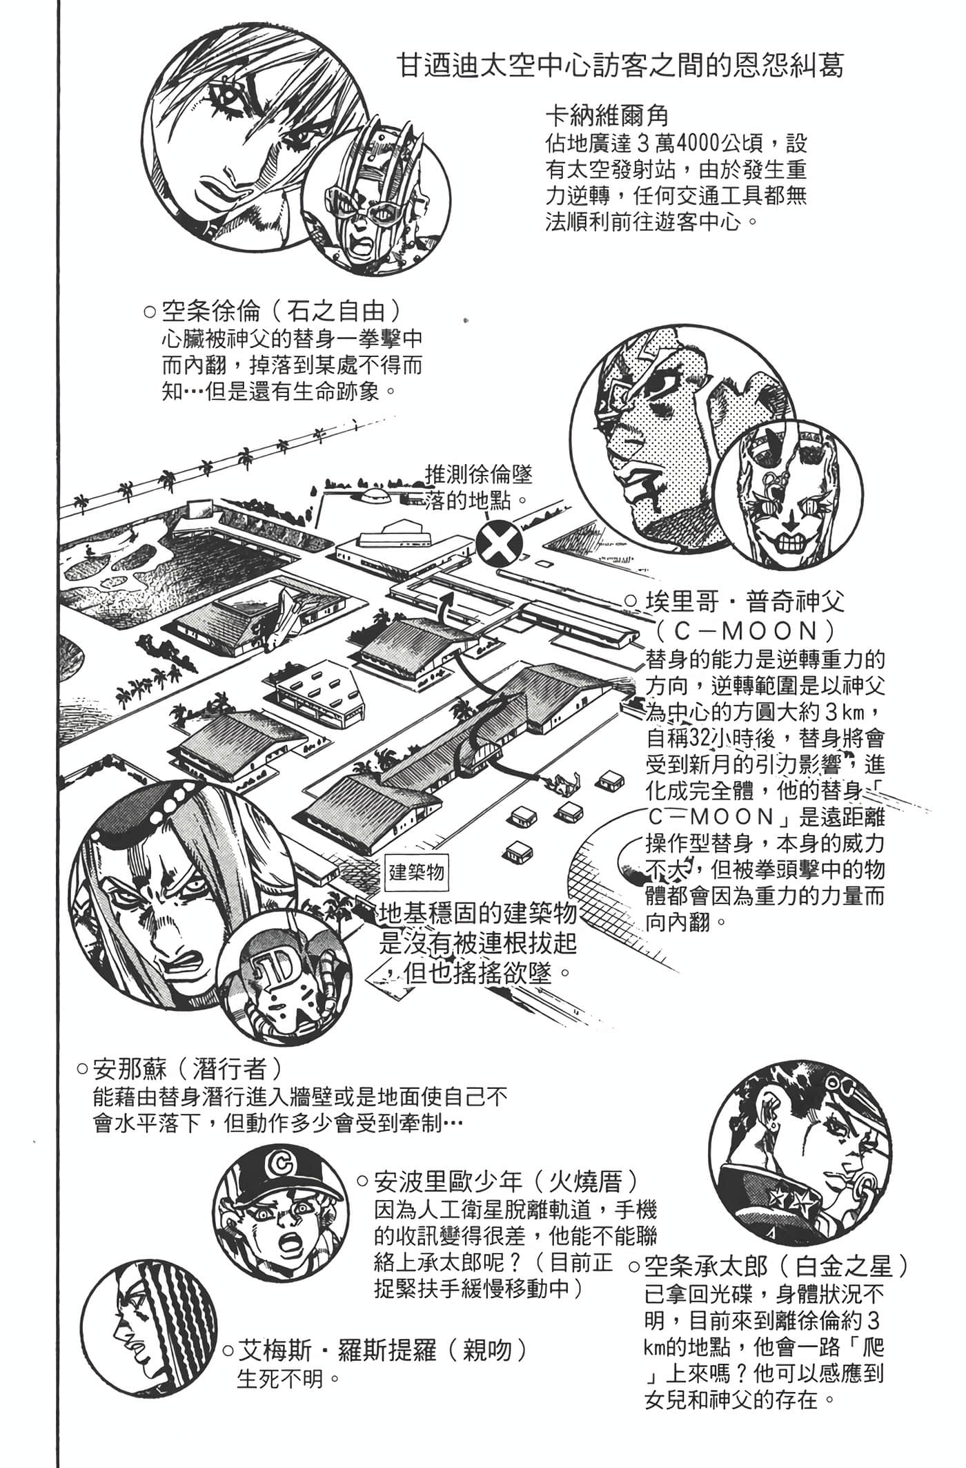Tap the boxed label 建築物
point(415,871)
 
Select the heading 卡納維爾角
point(607,114)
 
